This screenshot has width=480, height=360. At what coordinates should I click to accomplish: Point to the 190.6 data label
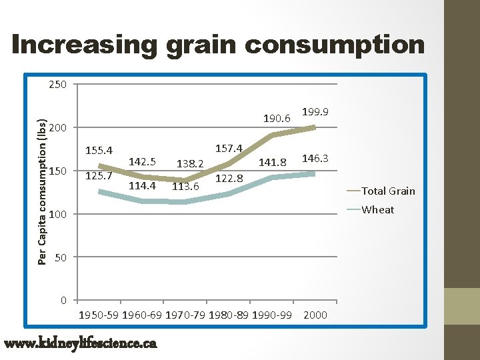[276, 119]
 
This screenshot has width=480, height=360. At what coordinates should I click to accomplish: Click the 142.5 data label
[142, 162]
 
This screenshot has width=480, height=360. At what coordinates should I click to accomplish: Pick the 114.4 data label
[142, 186]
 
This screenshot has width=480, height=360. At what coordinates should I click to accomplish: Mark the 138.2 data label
[189, 163]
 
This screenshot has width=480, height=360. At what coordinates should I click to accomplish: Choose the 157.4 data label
[229, 148]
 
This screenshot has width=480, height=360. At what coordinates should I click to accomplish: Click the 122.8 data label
[229, 178]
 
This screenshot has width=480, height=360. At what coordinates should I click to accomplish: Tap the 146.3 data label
[315, 159]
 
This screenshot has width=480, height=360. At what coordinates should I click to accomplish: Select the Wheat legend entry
[377, 210]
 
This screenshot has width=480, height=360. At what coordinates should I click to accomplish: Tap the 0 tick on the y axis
[63, 300]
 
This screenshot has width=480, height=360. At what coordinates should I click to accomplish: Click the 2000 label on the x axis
[315, 315]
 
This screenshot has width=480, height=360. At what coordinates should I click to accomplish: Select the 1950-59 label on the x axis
[99, 315]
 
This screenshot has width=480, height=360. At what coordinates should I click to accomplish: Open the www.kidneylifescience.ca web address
[80, 343]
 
